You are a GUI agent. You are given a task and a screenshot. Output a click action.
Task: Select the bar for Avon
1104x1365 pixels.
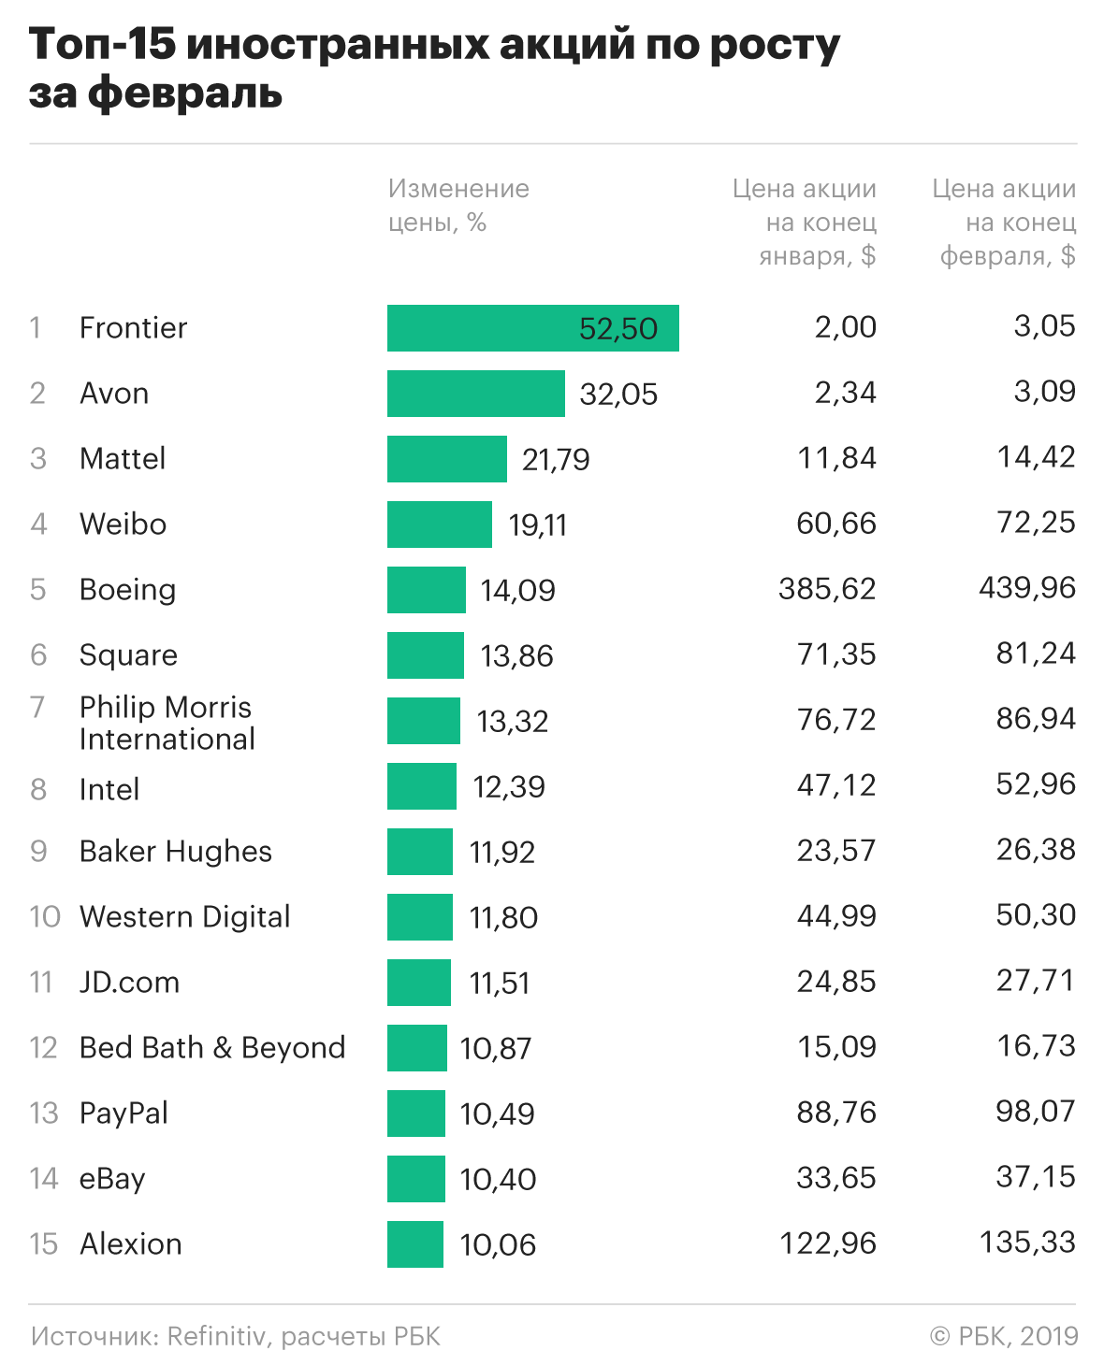tap(475, 394)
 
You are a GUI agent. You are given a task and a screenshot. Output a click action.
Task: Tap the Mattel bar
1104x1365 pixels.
tap(446, 459)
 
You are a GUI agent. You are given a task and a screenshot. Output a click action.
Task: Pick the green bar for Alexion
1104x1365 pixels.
tap(414, 1244)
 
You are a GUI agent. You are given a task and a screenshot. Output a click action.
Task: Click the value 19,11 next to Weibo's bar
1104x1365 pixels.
tap(537, 525)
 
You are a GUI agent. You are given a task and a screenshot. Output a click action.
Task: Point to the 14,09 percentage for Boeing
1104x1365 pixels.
tap(517, 591)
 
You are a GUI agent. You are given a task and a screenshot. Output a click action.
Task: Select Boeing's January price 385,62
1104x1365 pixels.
tap(827, 589)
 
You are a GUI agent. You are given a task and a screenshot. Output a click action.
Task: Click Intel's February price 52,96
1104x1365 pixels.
tap(1036, 784)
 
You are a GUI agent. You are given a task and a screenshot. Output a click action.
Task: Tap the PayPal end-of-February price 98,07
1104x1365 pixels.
tap(1036, 1112)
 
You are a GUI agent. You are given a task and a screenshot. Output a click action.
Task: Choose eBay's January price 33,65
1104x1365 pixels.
tap(836, 1177)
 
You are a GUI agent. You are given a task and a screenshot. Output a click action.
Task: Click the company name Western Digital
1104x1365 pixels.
tap(184, 917)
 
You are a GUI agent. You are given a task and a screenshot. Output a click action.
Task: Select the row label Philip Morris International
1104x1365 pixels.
tap(167, 723)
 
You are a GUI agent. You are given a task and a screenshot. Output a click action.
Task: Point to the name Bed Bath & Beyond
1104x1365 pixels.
tap(212, 1048)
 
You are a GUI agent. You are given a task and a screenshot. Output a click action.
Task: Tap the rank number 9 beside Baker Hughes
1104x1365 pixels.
tap(38, 852)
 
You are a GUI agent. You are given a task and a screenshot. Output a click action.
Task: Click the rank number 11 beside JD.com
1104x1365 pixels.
tap(40, 983)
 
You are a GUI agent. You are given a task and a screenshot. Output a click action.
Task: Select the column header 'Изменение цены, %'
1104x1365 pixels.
tap(458, 206)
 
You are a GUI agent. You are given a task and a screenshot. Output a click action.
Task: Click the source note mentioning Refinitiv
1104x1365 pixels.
tap(235, 1336)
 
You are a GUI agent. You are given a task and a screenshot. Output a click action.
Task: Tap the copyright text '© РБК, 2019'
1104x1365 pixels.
tap(1004, 1336)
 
